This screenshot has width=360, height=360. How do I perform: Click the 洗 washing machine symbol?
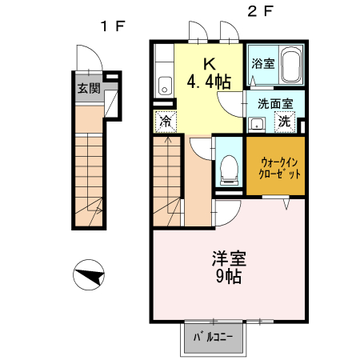pyautogui.click(x=285, y=122)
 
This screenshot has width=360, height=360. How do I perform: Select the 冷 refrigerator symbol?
pyautogui.click(x=165, y=122)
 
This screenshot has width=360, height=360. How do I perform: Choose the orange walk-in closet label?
pyautogui.click(x=275, y=166)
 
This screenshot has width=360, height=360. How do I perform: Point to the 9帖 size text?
pyautogui.click(x=229, y=278)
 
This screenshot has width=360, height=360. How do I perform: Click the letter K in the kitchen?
pyautogui.click(x=207, y=63)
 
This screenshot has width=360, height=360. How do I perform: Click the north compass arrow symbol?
pyautogui.click(x=89, y=278)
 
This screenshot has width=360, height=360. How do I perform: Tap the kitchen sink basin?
pyautogui.click(x=164, y=85)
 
